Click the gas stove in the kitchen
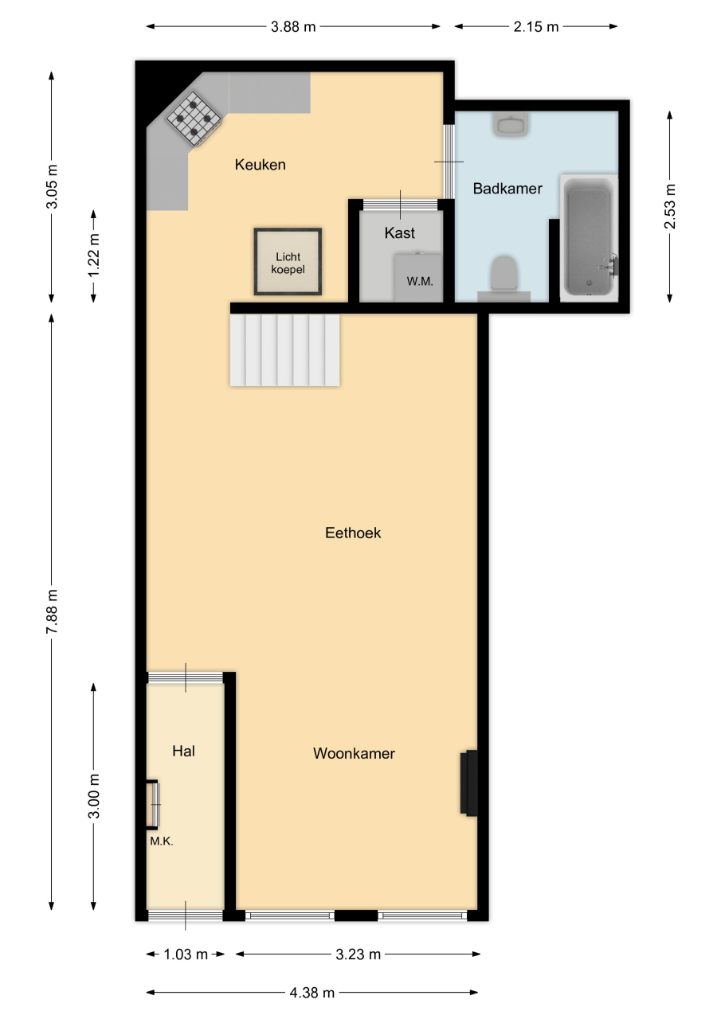194,119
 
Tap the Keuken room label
260,165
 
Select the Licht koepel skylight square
288,262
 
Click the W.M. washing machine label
420,282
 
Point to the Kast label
399,233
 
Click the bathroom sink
511,123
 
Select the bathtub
589,237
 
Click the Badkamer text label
507,189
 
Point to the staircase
285,349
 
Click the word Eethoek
353,533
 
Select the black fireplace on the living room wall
468,783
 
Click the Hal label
183,751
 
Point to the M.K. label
162,841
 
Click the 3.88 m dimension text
293,27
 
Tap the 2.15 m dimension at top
535,27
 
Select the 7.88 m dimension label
52,611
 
